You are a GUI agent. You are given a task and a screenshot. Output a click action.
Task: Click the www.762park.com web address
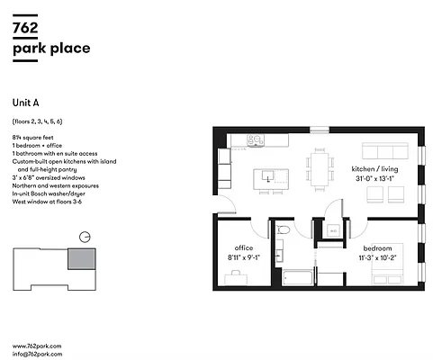(37, 346)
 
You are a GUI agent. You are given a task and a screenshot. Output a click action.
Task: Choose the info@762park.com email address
(37, 354)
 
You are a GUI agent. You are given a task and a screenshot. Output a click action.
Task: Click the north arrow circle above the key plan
(84, 237)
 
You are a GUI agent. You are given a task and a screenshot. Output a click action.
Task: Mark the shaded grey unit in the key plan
(80, 260)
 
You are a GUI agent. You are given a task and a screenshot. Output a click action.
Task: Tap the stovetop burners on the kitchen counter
(256, 139)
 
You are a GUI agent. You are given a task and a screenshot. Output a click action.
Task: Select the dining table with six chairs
(320, 168)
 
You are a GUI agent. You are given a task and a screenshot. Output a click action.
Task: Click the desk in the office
(236, 278)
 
